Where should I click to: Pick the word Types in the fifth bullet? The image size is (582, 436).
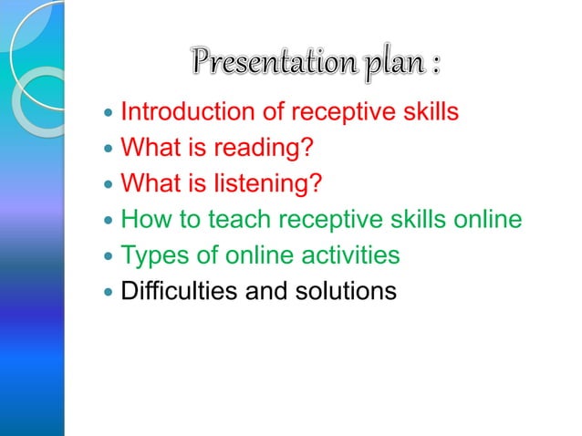tap(151, 255)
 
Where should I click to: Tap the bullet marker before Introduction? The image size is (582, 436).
tap(109, 115)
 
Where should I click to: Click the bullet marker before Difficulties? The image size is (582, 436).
tap(109, 293)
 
